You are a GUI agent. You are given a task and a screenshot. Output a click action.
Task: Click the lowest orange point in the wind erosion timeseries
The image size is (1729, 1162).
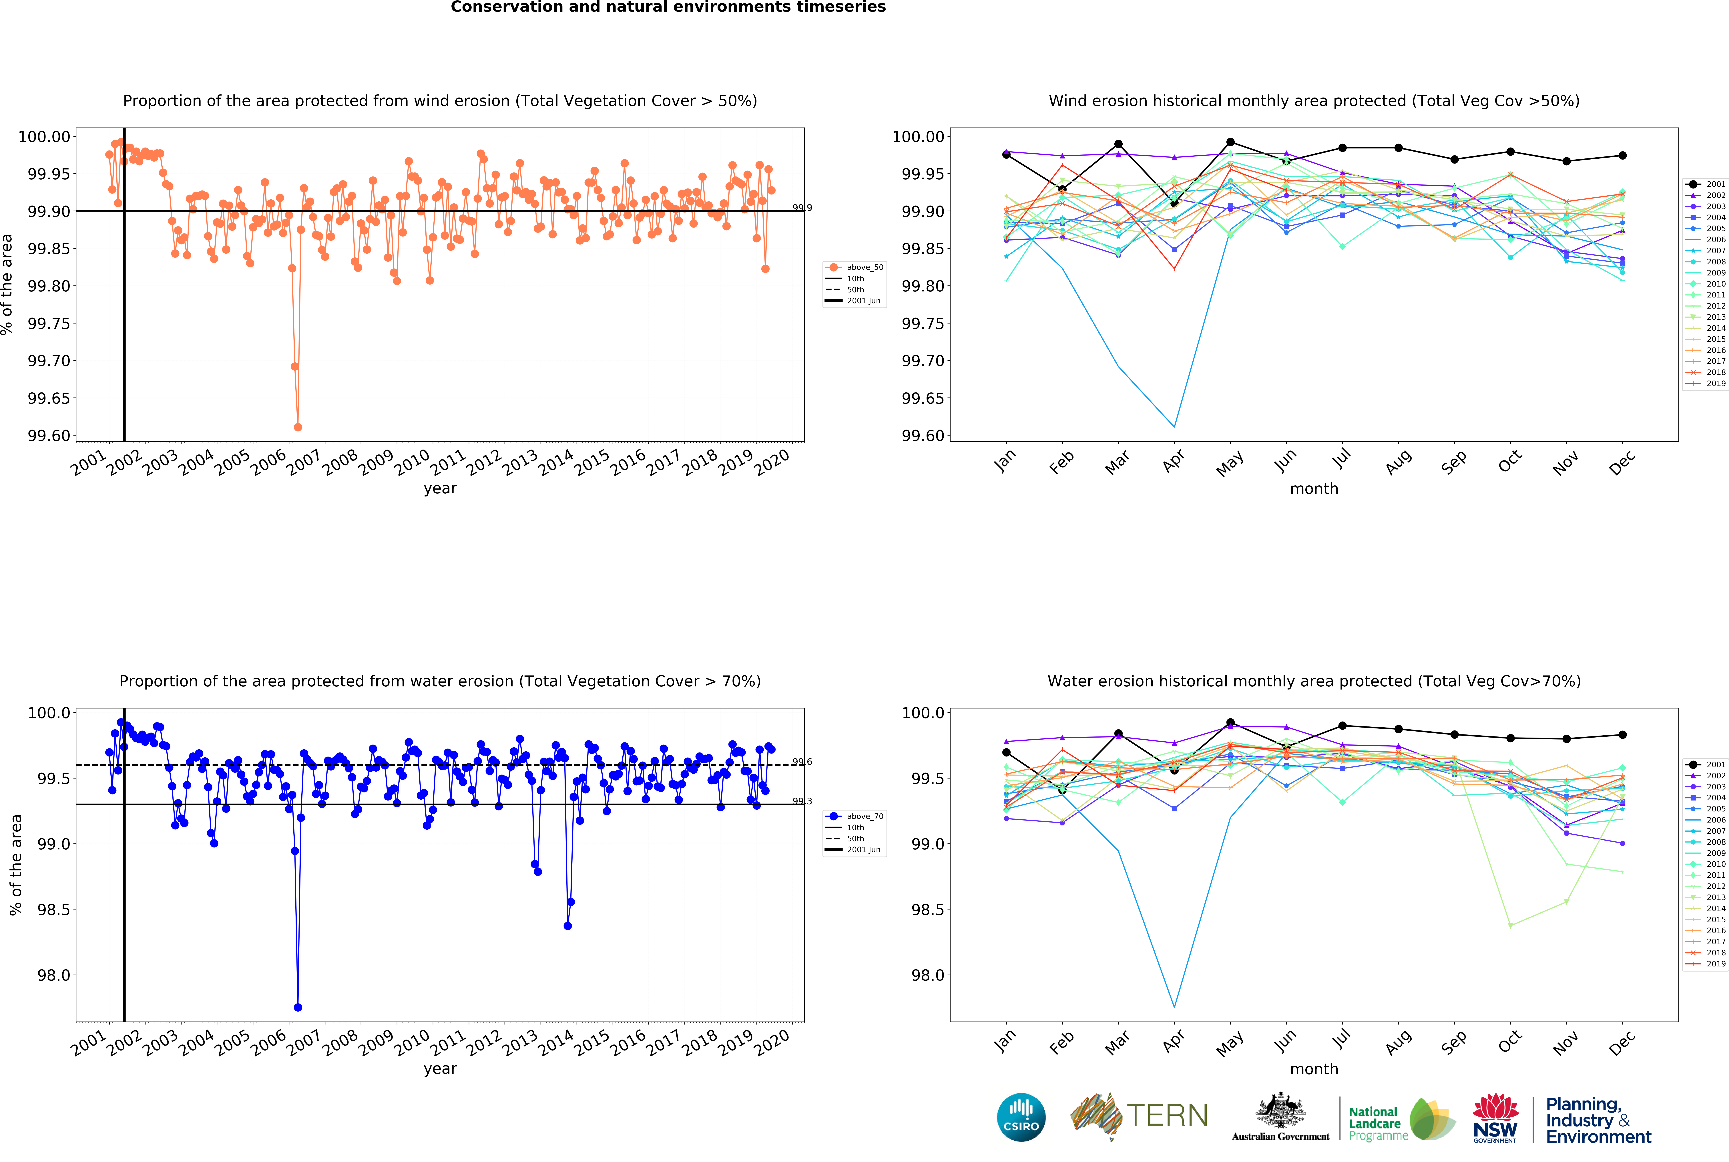pyautogui.click(x=298, y=427)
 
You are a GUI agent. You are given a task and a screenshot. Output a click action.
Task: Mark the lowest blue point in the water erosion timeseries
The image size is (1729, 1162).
pyautogui.click(x=298, y=1007)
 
